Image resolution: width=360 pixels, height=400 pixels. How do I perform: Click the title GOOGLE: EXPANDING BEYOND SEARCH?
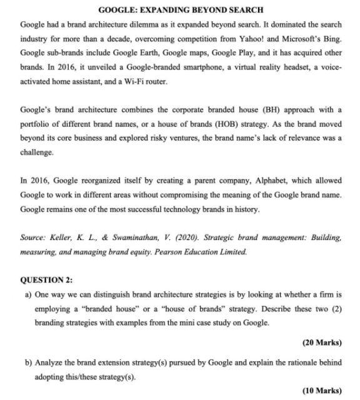pyautogui.click(x=181, y=9)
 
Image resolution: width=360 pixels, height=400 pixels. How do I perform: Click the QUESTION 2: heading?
pyautogui.click(x=47, y=280)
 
